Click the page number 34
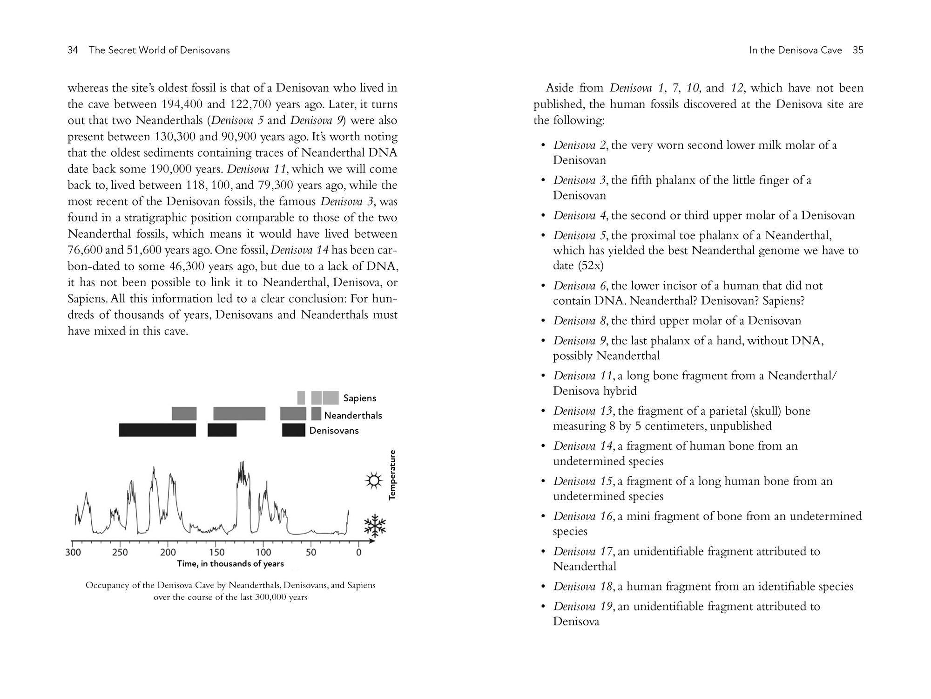[73, 50]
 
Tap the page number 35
[858, 50]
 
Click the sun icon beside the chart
[373, 480]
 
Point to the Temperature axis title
[392, 475]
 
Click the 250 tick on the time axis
[120, 553]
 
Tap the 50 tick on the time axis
[310, 553]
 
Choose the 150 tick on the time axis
[216, 553]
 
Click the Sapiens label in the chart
[359, 398]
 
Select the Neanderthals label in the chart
[353, 415]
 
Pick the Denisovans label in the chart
[334, 431]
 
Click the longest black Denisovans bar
[157, 430]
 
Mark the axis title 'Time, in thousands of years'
[230, 564]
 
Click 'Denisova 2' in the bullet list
[580, 145]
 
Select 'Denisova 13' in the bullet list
[582, 411]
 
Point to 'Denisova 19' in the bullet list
[582, 607]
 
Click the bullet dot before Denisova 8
[542, 321]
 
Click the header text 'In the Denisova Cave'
[796, 50]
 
